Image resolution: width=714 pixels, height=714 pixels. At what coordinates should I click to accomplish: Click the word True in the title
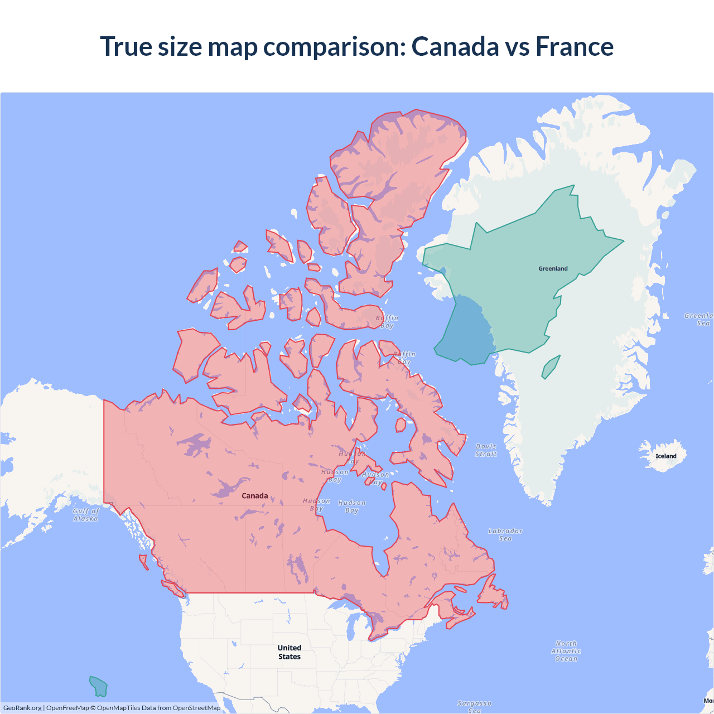point(126,46)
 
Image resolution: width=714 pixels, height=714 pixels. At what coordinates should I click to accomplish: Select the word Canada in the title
point(455,46)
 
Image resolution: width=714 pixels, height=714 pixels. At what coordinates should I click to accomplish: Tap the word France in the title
point(575,46)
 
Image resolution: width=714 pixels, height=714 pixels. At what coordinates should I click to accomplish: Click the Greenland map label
point(553,269)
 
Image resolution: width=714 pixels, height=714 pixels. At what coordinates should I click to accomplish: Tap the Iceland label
point(665,456)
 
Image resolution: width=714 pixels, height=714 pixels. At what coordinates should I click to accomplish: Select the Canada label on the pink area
point(254,496)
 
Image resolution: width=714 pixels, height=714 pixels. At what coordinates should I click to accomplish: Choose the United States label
point(290,652)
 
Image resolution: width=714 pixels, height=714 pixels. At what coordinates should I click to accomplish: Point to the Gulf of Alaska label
point(86,515)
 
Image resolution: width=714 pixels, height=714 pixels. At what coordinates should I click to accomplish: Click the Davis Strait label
point(486,450)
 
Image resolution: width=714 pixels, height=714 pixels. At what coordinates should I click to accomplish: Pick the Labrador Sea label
point(505,535)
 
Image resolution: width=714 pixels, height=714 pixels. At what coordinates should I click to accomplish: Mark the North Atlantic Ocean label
point(566,651)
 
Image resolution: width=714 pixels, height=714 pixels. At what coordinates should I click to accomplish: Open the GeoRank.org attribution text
point(22,708)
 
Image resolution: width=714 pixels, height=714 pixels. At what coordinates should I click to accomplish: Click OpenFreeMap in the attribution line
point(67,708)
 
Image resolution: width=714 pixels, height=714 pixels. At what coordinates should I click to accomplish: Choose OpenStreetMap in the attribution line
point(196,708)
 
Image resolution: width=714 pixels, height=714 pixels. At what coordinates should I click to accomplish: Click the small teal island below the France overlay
point(551,368)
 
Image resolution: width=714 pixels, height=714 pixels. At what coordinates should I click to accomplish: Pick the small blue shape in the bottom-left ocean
point(99,687)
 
